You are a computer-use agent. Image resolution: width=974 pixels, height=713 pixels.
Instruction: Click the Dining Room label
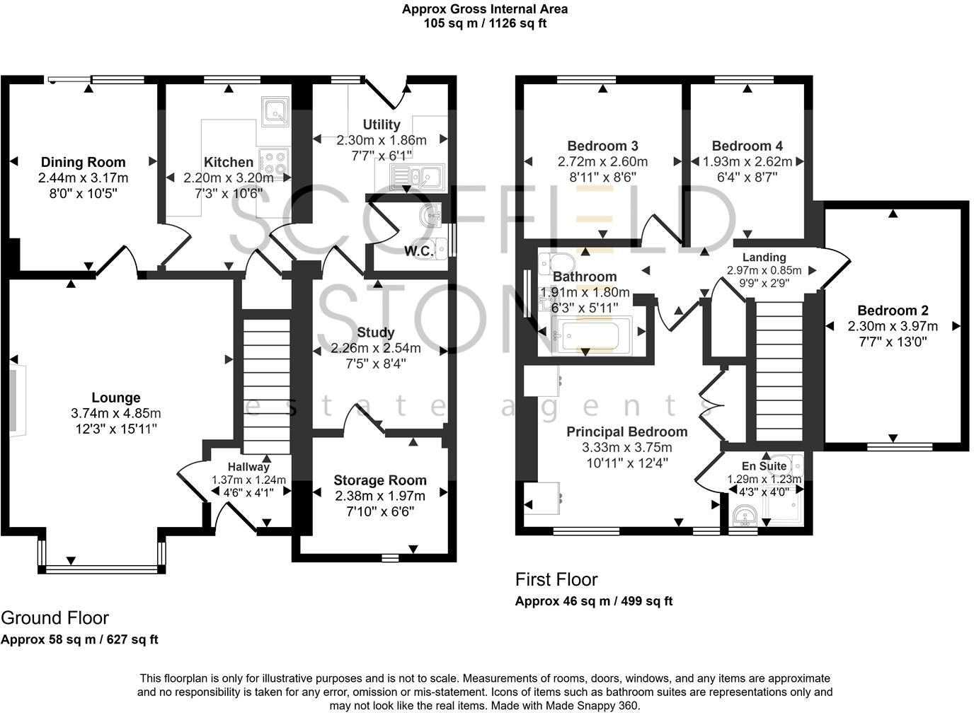pos(83,162)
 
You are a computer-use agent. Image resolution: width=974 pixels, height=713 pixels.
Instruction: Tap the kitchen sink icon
pos(274,110)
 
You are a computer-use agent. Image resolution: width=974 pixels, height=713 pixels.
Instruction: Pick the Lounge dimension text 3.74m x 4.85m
pos(116,413)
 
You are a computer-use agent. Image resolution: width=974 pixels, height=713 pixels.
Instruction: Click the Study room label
pos(376,332)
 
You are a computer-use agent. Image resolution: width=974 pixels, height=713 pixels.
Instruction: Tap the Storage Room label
pos(380,480)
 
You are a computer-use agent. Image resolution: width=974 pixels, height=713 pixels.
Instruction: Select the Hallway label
pos(248,467)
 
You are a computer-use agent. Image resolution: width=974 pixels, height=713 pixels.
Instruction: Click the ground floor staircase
pos(267,386)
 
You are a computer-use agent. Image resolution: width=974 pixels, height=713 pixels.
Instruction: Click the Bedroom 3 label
pos(602,146)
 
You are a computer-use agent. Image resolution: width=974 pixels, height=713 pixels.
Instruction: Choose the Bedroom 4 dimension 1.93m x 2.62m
pos(747,161)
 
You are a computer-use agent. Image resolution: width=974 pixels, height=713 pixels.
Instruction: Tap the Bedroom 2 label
pos(893,310)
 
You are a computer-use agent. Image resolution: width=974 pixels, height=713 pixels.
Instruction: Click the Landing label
pos(764,257)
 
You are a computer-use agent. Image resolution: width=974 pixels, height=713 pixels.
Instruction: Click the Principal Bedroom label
pos(626,431)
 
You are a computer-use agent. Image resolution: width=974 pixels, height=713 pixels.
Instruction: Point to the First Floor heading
pos(556,579)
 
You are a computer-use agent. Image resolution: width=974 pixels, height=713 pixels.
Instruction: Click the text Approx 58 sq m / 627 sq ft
pos(79,639)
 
